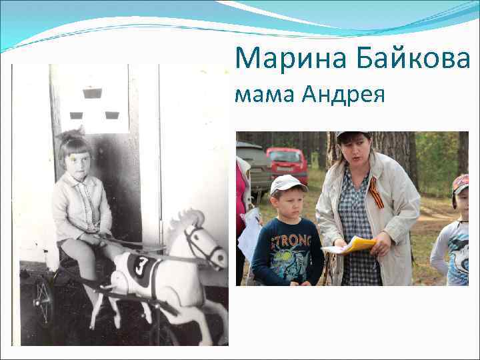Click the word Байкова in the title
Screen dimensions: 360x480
[x=407, y=59]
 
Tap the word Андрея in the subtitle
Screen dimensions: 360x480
[x=343, y=96]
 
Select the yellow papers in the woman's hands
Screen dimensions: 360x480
[x=356, y=245]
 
